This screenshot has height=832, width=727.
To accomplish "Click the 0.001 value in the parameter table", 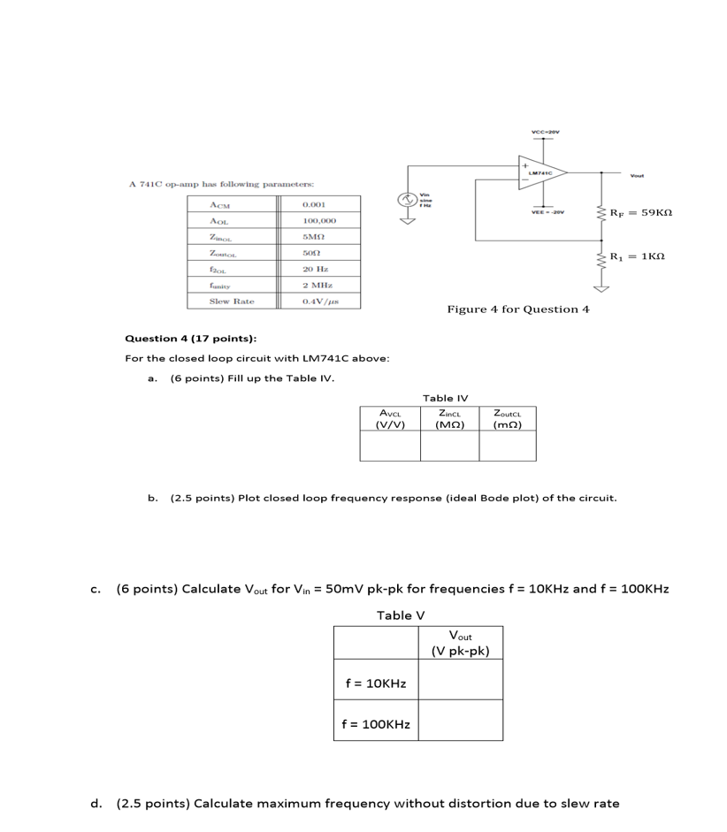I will (314, 204).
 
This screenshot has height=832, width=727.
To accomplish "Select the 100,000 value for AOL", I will (318, 220).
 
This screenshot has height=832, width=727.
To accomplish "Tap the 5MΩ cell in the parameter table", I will (315, 237).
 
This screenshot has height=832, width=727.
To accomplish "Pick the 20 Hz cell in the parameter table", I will (315, 269).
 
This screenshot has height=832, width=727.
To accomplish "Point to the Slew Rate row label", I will (231, 302).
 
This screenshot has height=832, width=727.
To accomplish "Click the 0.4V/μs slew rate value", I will (319, 302).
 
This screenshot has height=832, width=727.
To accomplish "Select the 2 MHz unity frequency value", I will (317, 285).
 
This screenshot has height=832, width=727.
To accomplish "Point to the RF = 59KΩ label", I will (643, 213).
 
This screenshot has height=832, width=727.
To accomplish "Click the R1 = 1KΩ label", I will (638, 256).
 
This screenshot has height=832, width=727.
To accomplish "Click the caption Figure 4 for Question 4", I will (518, 309).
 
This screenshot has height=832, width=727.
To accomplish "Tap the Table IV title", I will (446, 399).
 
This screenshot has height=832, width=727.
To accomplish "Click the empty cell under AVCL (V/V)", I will (389, 446).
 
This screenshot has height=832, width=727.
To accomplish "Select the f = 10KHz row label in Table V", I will (375, 683).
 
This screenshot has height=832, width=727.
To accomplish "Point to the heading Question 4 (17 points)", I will (190, 339).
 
